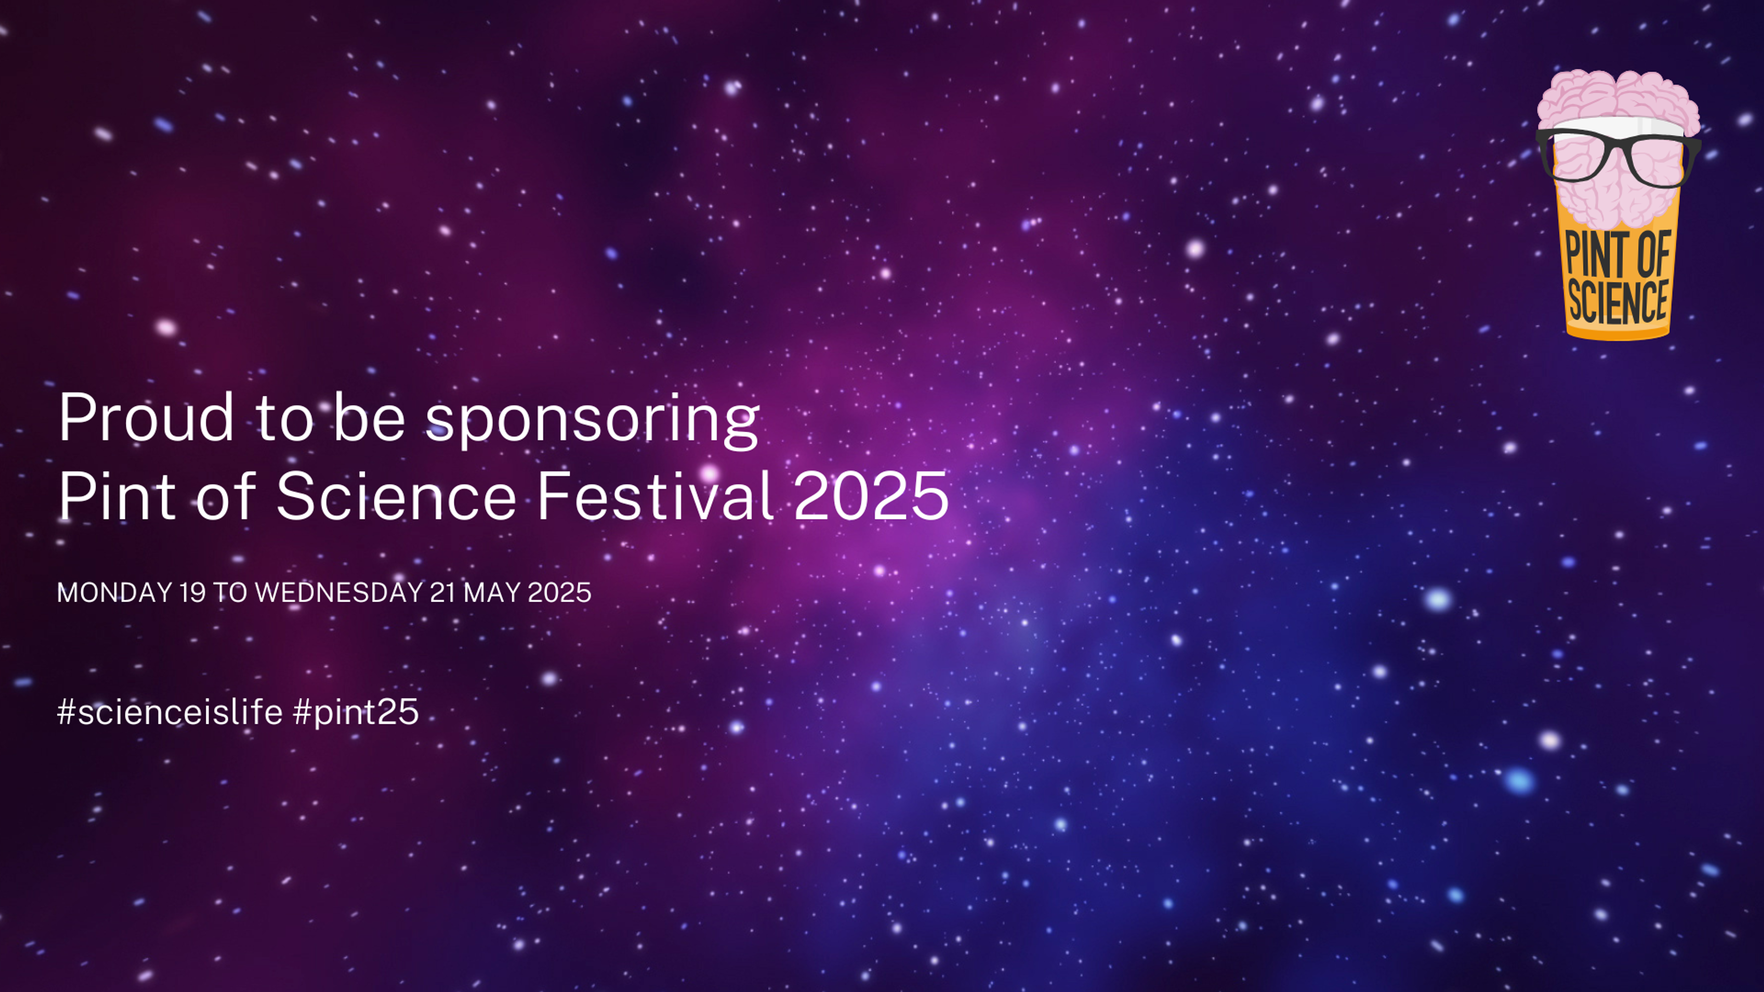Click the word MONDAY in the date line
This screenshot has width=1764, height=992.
coord(114,592)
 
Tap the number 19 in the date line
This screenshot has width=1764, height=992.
coord(192,592)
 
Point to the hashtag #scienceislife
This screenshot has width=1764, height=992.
coord(170,711)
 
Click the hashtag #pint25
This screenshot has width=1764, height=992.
coord(356,712)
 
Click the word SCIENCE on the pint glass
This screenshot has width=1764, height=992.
coord(1618,301)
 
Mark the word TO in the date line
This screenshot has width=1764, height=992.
coord(230,592)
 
